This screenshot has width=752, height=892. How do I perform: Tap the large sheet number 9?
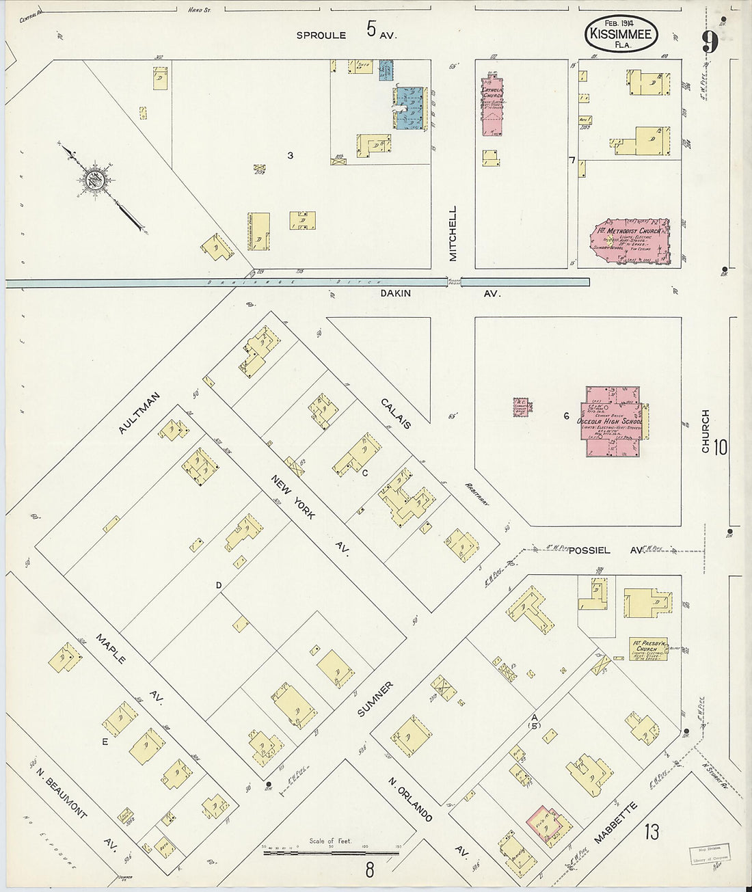(x=709, y=42)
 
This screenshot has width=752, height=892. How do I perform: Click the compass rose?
(x=92, y=180)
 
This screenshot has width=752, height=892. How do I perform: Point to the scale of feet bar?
(x=332, y=852)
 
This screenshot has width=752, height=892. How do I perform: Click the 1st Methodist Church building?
(x=630, y=241)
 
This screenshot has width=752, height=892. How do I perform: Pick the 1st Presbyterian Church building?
(x=648, y=649)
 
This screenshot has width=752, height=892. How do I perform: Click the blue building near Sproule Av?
(x=411, y=107)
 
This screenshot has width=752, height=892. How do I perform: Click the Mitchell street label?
(x=452, y=233)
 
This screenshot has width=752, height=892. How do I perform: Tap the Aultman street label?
(x=139, y=413)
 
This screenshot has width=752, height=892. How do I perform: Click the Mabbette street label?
(x=615, y=823)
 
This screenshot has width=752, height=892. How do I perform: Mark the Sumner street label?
(x=375, y=699)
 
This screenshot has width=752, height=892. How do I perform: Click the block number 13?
(x=651, y=832)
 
